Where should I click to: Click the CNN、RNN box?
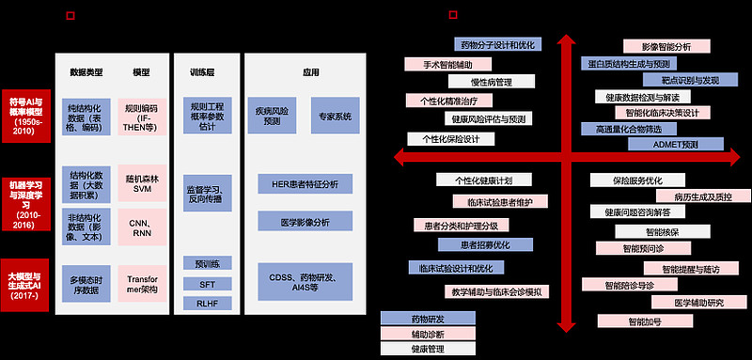[x=142, y=225]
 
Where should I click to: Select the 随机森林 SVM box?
[x=142, y=182]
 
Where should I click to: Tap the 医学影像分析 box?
[x=305, y=222]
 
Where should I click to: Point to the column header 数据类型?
[x=86, y=72]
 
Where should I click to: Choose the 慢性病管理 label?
[x=490, y=82]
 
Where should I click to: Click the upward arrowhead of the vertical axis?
[x=565, y=39]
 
